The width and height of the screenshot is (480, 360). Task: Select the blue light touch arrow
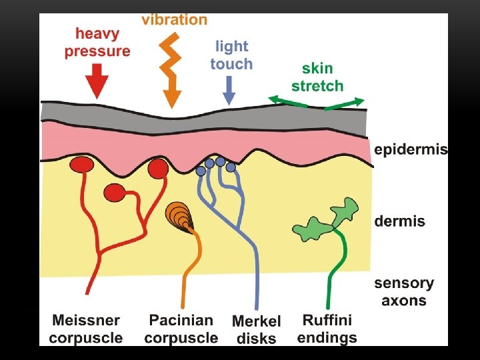[x=229, y=90]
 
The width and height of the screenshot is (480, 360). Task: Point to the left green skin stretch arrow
[x=287, y=101]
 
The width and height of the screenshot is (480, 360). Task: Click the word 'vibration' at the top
[x=174, y=19]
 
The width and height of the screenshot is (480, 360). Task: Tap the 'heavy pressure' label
[x=97, y=42]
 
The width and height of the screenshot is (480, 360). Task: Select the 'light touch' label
[x=231, y=55]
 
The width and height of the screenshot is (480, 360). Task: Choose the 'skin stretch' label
[x=317, y=77]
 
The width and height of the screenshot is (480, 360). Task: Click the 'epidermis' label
[x=410, y=149]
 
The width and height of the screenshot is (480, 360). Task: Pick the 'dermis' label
[x=399, y=221]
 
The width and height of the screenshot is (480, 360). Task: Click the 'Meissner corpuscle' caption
[x=86, y=329]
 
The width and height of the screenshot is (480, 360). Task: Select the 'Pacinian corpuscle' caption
[x=181, y=329]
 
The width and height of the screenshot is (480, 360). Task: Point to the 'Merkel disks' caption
[x=257, y=330]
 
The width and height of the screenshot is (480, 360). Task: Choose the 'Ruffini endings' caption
[x=327, y=329]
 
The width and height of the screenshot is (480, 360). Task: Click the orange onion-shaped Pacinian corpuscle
[x=178, y=216]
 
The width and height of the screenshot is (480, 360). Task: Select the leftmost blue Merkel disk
[x=201, y=171]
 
